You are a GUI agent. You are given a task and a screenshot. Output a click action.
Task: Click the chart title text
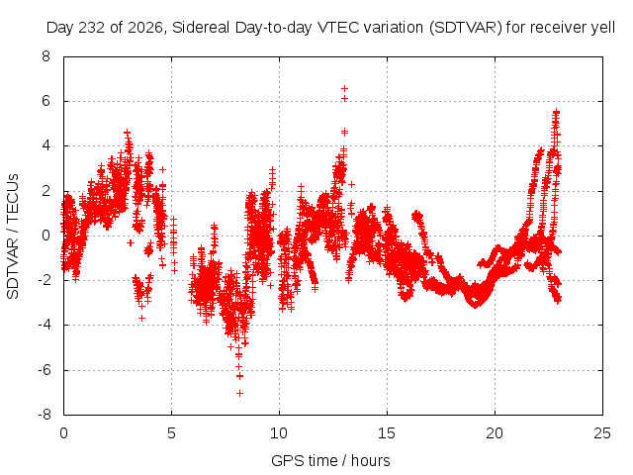(330, 28)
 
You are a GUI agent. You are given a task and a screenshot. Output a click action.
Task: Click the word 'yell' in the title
(602, 28)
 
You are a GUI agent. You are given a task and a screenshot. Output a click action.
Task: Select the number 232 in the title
(91, 28)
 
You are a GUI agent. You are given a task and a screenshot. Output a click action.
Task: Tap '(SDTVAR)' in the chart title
(465, 28)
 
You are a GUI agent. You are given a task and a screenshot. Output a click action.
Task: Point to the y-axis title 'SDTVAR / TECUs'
(13, 237)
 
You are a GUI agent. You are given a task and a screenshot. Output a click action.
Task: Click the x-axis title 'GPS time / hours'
(330, 460)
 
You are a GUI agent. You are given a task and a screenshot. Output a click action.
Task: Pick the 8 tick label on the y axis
(46, 56)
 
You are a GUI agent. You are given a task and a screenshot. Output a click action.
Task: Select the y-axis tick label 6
(46, 101)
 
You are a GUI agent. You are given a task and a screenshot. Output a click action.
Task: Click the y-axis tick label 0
(46, 236)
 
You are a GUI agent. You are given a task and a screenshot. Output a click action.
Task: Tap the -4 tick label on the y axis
(44, 325)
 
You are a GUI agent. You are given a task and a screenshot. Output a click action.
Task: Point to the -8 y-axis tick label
(44, 415)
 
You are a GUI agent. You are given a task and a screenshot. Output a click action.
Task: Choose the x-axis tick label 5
(171, 433)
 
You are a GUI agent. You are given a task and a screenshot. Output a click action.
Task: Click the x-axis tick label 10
(279, 433)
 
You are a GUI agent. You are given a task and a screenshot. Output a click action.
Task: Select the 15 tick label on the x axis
(387, 433)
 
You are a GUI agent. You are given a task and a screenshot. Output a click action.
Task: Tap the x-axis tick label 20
(495, 433)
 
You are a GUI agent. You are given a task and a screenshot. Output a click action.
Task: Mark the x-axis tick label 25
(602, 433)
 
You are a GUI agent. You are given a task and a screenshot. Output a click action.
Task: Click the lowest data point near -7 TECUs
(239, 393)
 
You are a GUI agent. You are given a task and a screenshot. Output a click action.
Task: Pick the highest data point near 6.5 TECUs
(344, 88)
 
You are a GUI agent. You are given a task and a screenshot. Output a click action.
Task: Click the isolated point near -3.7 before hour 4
(141, 319)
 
